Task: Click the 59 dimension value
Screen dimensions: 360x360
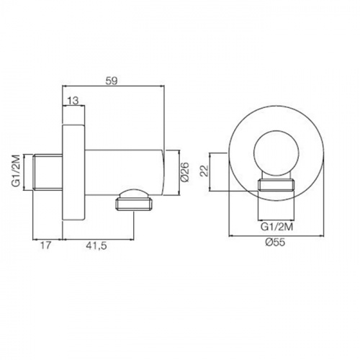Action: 112,81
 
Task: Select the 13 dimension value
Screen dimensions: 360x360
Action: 73,101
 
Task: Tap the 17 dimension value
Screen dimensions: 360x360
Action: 45,246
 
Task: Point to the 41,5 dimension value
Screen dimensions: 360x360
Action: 96,246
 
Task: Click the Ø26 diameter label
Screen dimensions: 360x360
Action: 185,172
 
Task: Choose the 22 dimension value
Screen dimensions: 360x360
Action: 204,171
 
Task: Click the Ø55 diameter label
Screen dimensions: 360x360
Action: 275,242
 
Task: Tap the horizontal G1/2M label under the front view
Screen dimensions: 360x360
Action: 276,227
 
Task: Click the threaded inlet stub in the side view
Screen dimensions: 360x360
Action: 48,173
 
